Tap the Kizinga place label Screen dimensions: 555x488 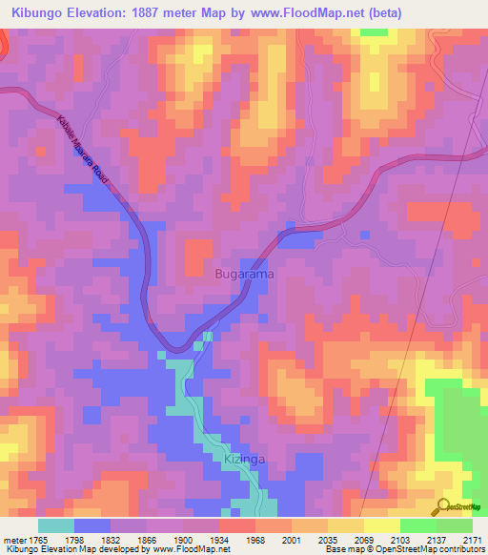(x=243, y=459)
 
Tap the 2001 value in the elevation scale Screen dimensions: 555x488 (x=291, y=539)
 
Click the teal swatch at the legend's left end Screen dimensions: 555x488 (x=56, y=525)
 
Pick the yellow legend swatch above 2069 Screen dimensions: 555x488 (x=346, y=525)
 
